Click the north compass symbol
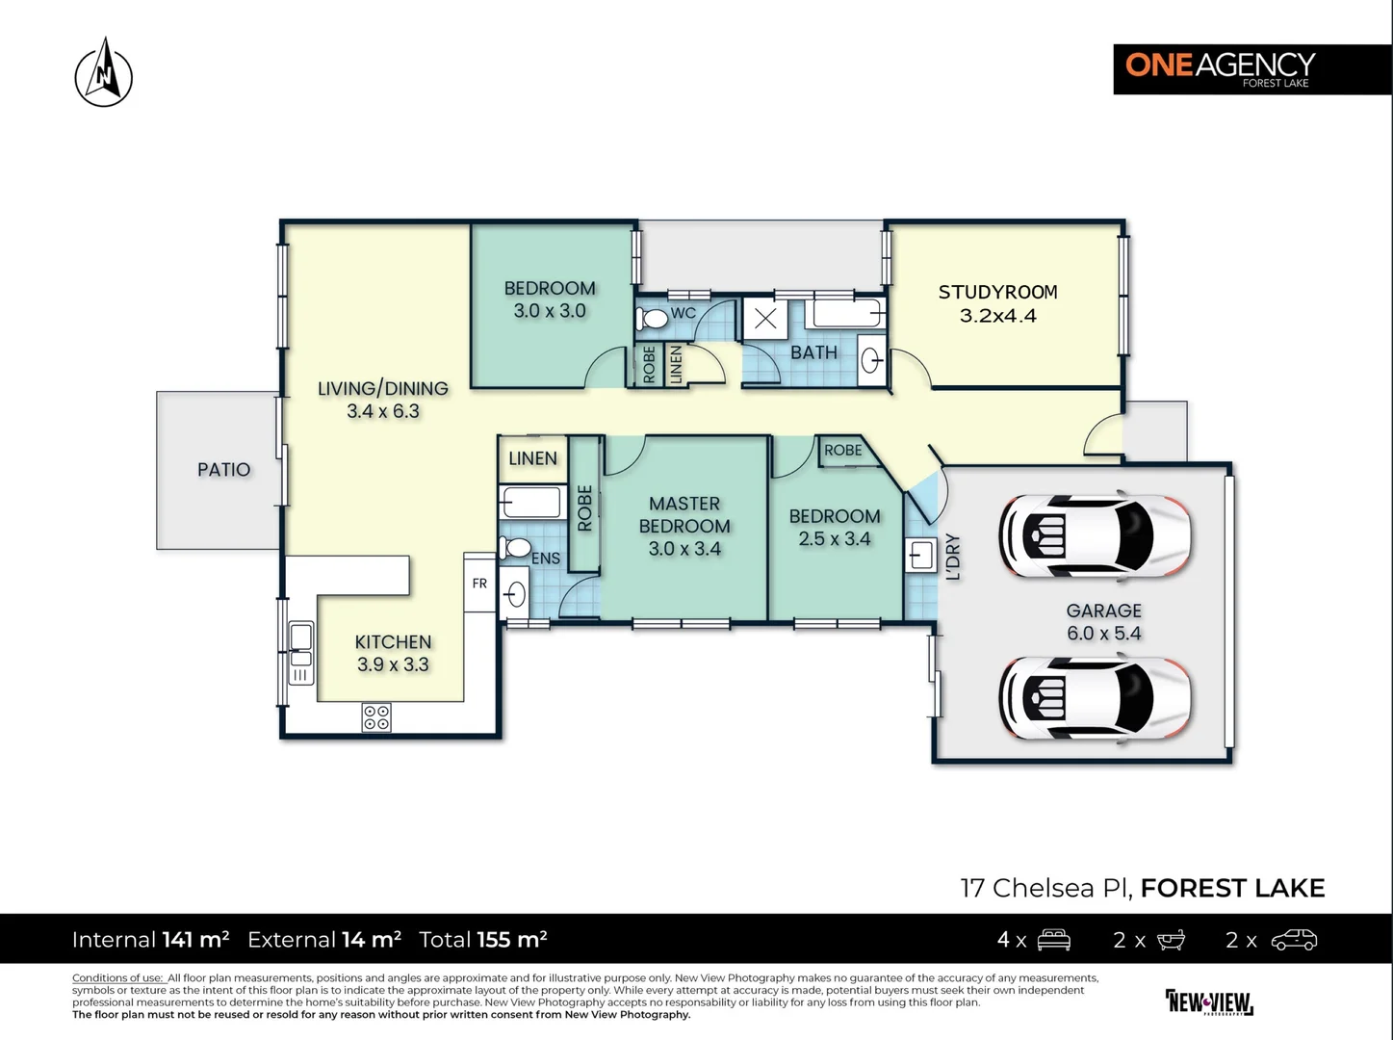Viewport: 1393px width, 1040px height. click(x=104, y=73)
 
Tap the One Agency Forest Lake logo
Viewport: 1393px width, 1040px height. click(x=1220, y=68)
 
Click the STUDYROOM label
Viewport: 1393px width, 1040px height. click(x=997, y=292)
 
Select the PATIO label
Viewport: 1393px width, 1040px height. click(x=223, y=470)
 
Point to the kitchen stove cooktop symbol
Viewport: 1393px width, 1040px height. click(x=376, y=717)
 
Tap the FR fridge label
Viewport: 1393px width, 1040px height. click(x=479, y=584)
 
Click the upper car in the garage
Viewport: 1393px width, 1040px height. click(x=1095, y=536)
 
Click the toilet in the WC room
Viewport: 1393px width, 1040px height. click(x=654, y=317)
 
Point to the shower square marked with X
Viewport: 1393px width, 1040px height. click(x=765, y=319)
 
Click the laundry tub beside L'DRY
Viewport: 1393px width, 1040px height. click(x=920, y=556)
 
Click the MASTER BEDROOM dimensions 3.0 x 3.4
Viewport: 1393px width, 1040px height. click(x=684, y=549)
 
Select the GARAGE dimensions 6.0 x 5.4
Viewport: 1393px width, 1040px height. click(x=1103, y=634)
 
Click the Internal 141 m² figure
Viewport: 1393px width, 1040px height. click(x=150, y=940)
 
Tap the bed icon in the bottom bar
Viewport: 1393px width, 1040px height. click(x=1053, y=940)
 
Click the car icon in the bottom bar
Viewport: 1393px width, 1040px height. click(x=1293, y=940)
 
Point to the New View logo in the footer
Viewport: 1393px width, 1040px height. click(x=1209, y=1001)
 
